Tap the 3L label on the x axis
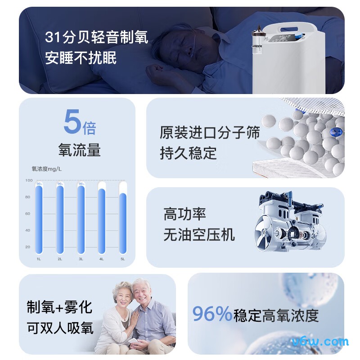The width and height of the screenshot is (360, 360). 81,259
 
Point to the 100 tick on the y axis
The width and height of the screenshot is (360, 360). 28,180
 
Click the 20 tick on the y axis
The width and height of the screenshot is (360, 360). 28,247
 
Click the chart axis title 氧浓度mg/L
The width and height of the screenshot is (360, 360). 46,169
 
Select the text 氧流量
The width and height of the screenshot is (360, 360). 79,150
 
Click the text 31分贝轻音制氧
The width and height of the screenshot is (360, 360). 96,37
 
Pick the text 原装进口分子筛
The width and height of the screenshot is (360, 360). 209,133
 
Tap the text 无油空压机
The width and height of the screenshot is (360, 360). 199,234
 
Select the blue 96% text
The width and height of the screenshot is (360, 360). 212,314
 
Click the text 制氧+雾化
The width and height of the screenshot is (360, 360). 59,307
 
